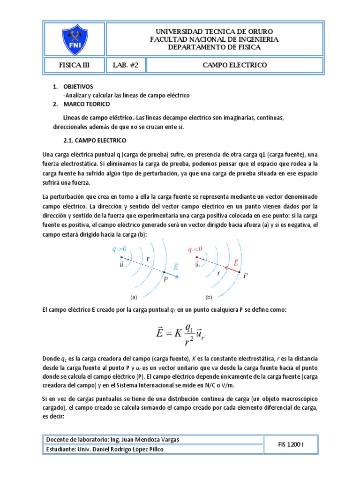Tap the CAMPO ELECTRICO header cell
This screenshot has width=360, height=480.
coord(234,65)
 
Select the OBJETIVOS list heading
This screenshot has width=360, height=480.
coord(78,87)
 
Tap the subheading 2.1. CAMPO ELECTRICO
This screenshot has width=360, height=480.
coord(95,140)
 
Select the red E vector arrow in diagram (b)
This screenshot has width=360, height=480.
coord(232,270)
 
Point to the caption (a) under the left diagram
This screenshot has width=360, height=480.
coord(133,297)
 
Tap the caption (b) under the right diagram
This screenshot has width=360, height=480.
coord(209,297)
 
